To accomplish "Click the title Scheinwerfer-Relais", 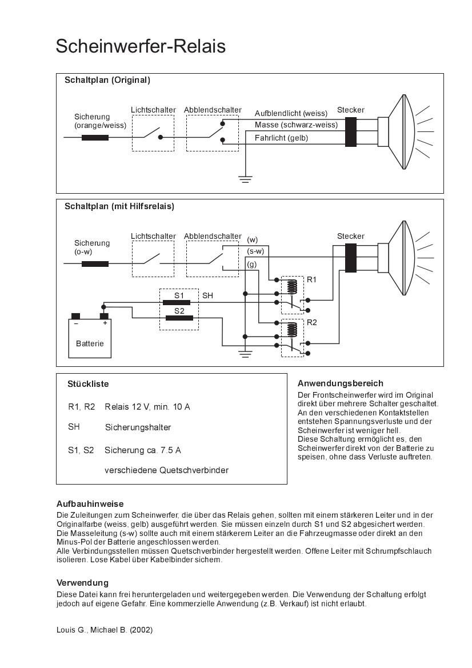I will pyautogui.click(x=141, y=46).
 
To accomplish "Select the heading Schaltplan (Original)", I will pyautogui.click(x=107, y=80).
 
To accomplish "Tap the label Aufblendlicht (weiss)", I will pyautogui.click(x=291, y=113).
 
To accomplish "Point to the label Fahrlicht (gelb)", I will pyautogui.click(x=281, y=138).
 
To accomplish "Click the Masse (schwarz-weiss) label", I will pyautogui.click(x=296, y=125).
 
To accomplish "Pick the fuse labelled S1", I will pyautogui.click(x=179, y=302).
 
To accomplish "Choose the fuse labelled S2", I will pyautogui.click(x=179, y=318).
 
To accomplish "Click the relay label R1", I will pyautogui.click(x=311, y=280).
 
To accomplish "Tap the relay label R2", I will pyautogui.click(x=311, y=322).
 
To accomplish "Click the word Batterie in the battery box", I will pyautogui.click(x=90, y=343).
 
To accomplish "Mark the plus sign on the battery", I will pyautogui.click(x=105, y=323).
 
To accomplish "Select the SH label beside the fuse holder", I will pyautogui.click(x=207, y=295).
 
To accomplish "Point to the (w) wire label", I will pyautogui.click(x=252, y=239).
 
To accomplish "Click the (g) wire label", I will pyautogui.click(x=251, y=264).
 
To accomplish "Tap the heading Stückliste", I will pyautogui.click(x=88, y=384).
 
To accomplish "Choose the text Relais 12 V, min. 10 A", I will pyautogui.click(x=147, y=407).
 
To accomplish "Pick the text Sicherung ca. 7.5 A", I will pyautogui.click(x=142, y=450).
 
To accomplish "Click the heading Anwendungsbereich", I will pyautogui.click(x=340, y=383).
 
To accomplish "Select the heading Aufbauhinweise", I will pyautogui.click(x=90, y=504).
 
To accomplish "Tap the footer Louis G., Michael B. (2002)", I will pyautogui.click(x=104, y=630).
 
